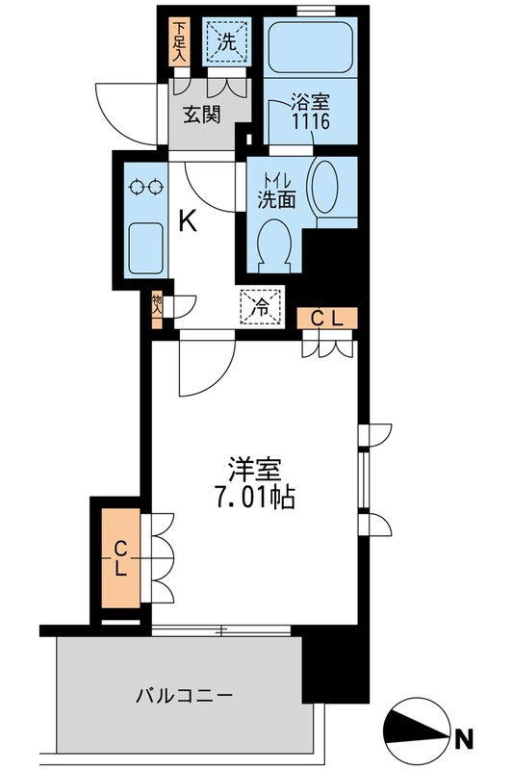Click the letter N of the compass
tap(464, 739)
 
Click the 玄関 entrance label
tap(203, 115)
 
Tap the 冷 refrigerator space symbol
tap(259, 308)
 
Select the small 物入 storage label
tap(157, 307)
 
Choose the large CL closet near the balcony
tap(121, 559)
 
